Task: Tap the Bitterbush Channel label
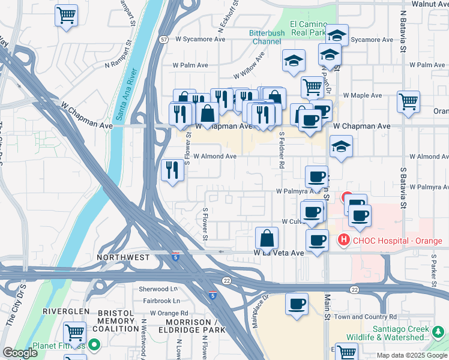pos(266,37)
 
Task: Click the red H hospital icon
pos(343,240)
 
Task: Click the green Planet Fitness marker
pos(94,345)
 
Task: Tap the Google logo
pos(20,353)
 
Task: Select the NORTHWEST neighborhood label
pos(123,257)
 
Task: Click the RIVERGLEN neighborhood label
pos(65,312)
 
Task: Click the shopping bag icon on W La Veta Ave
pos(267,238)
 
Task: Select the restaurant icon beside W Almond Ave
pos(172,170)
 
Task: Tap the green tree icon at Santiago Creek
pos(438,331)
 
